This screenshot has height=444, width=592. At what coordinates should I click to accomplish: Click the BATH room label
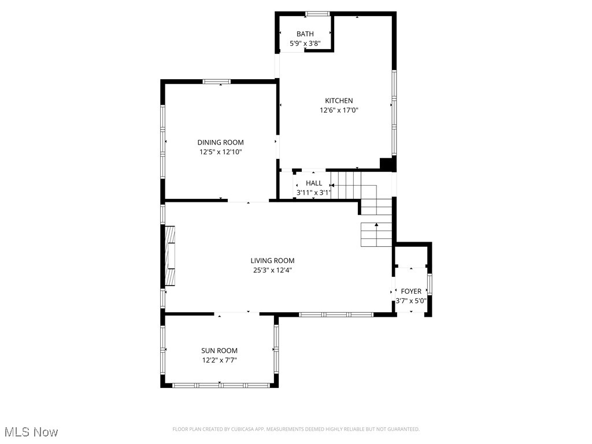[305, 34]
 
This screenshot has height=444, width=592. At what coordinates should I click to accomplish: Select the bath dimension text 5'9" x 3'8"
[305, 43]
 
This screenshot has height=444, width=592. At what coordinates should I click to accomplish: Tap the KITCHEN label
[339, 101]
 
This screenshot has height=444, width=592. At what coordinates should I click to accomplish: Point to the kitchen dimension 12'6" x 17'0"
[339, 110]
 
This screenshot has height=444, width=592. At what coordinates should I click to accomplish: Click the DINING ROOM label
[220, 142]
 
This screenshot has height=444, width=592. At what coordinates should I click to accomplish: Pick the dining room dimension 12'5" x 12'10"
[220, 152]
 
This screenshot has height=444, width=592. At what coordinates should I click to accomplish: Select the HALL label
[314, 183]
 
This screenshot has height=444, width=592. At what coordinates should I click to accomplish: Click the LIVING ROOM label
[272, 261]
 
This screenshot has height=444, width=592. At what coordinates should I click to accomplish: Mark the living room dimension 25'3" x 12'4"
[272, 270]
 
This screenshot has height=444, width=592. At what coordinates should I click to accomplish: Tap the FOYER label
[411, 291]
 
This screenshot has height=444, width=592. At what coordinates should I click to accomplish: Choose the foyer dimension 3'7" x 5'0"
[411, 301]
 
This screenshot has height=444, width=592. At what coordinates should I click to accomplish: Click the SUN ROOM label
[219, 350]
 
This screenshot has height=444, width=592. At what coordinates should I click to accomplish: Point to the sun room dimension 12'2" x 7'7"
[219, 360]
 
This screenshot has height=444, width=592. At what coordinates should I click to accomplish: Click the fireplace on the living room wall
[171, 256]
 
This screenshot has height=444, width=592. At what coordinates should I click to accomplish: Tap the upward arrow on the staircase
[377, 225]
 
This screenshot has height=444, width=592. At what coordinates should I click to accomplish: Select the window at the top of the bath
[317, 14]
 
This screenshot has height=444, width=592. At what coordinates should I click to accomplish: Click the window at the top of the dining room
[217, 82]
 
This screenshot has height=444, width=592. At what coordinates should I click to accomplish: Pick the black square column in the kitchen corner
[386, 164]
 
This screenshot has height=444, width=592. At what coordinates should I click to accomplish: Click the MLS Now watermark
[31, 432]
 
